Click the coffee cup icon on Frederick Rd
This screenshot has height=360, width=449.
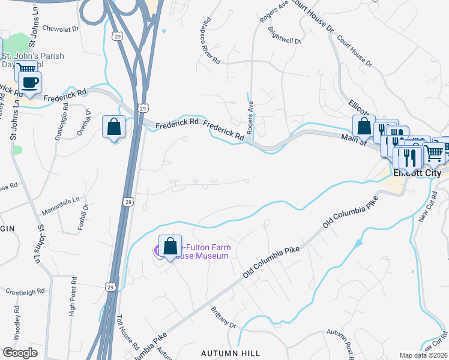(x=29, y=83)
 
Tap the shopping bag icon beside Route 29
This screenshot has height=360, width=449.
(x=113, y=127)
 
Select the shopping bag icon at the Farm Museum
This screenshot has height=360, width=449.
(x=170, y=246)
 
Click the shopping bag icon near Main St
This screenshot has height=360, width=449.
(x=364, y=127)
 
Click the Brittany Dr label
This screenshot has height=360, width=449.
(x=223, y=317)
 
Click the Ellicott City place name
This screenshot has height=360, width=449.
(x=416, y=173)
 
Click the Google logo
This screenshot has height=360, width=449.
(x=20, y=353)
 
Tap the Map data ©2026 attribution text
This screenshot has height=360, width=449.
(x=423, y=355)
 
